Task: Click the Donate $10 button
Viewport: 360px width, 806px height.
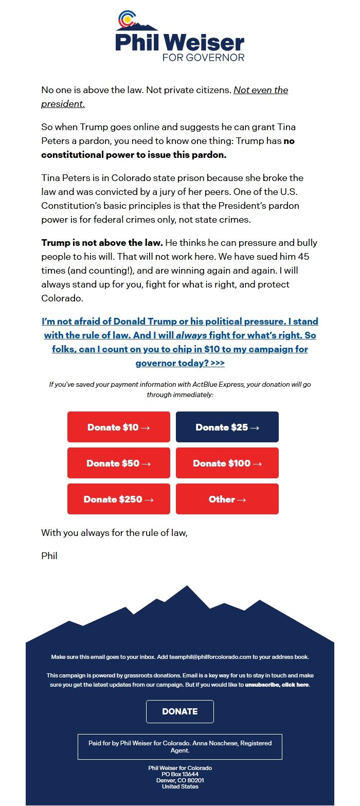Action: coord(118,427)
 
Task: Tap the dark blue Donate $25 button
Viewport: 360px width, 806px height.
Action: coord(227,427)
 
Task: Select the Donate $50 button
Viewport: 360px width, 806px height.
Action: coord(118,463)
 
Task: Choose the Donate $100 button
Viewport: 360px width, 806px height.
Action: coord(227,463)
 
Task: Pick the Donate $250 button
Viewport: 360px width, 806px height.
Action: coord(118,499)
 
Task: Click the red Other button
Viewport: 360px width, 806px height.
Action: coord(227,499)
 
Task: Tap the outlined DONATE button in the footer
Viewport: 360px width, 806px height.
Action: coord(180,711)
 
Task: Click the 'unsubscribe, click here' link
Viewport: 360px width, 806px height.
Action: coord(277,685)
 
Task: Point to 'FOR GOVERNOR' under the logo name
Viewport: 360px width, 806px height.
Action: coord(203,57)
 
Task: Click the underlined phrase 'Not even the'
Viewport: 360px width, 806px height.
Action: coord(261,90)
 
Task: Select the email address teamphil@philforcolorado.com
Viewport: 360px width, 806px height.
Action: coord(210,657)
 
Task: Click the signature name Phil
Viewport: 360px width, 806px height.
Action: coord(49,556)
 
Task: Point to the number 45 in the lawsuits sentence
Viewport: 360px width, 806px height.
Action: coord(303,256)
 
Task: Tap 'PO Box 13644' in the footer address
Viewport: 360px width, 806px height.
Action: coord(180,774)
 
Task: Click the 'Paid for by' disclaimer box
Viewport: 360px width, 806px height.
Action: coord(180,747)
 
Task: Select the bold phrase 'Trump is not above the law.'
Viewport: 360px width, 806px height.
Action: coord(102,242)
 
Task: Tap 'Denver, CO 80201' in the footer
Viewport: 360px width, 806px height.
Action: coord(180,780)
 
